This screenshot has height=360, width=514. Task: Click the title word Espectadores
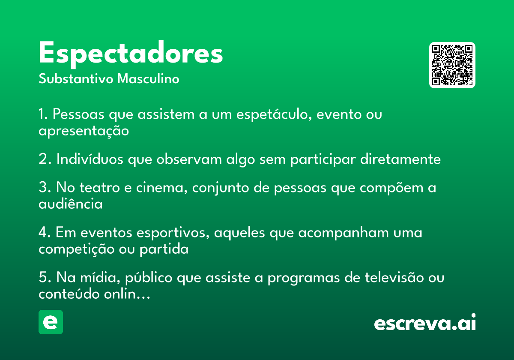point(131,54)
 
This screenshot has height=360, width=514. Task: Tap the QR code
point(452,65)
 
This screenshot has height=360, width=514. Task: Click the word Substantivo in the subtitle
point(76,79)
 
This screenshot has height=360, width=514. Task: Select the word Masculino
point(148,79)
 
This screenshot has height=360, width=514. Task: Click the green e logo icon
point(51,322)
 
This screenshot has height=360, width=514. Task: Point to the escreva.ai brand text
point(425,322)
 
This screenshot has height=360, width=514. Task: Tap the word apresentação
point(84,131)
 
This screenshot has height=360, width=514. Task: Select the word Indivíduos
point(90,159)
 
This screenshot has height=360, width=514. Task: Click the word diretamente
point(400,159)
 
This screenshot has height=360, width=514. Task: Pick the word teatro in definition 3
point(99,187)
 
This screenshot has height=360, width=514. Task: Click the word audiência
point(70,204)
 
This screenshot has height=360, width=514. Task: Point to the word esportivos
point(173,233)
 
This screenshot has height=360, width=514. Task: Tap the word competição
point(76,249)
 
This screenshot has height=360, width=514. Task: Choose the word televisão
point(394,277)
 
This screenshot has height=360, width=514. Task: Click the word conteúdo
point(69,294)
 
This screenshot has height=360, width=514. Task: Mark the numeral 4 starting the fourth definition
point(43,232)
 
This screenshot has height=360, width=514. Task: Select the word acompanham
point(343,233)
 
